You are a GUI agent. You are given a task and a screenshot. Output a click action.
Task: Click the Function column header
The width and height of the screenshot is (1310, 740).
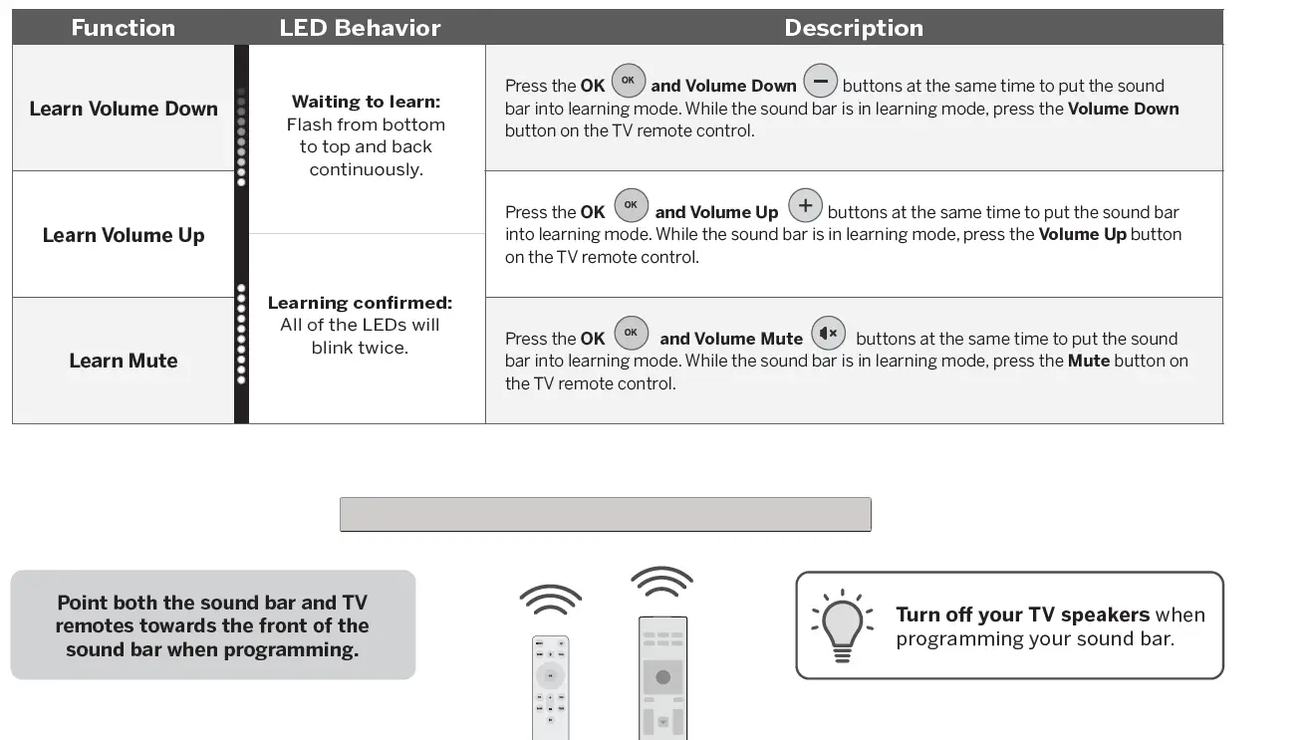(123, 28)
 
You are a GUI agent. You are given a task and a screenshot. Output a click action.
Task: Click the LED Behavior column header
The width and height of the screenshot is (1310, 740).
(360, 28)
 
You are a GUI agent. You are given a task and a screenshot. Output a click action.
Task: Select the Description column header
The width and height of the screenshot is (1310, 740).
(853, 28)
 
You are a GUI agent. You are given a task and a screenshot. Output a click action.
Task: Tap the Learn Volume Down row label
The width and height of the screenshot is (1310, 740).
(124, 109)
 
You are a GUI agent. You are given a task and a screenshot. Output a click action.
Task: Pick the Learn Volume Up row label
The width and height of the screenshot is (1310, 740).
(124, 235)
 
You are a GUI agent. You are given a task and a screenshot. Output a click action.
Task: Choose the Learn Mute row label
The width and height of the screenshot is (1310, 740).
(124, 361)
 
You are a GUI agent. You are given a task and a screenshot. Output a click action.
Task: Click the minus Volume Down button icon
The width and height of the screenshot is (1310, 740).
(820, 81)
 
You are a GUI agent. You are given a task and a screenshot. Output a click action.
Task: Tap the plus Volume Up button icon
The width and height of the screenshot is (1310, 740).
(805, 206)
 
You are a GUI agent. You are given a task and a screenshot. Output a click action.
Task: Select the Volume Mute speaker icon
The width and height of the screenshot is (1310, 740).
(829, 333)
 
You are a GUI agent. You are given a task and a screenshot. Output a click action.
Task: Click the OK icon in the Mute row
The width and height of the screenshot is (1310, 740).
(632, 333)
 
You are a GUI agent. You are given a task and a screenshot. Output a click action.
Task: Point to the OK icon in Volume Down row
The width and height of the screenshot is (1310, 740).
(629, 81)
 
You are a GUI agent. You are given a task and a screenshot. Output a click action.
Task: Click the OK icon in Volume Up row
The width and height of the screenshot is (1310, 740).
(631, 206)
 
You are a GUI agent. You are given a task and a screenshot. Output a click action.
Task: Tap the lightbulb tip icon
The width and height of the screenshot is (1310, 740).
(842, 625)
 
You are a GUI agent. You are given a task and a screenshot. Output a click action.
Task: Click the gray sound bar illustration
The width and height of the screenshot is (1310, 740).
(605, 514)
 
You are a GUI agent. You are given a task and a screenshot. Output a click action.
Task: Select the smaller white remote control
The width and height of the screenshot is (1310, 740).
(550, 687)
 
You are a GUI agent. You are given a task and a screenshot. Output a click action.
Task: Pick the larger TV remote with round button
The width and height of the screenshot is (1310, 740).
(662, 677)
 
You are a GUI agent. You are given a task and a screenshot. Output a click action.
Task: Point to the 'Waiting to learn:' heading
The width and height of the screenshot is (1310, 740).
(366, 102)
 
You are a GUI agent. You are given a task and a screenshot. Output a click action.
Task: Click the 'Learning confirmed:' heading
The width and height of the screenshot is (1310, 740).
(360, 303)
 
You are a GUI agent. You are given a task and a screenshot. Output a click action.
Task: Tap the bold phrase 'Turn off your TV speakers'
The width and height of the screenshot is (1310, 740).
(1022, 615)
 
